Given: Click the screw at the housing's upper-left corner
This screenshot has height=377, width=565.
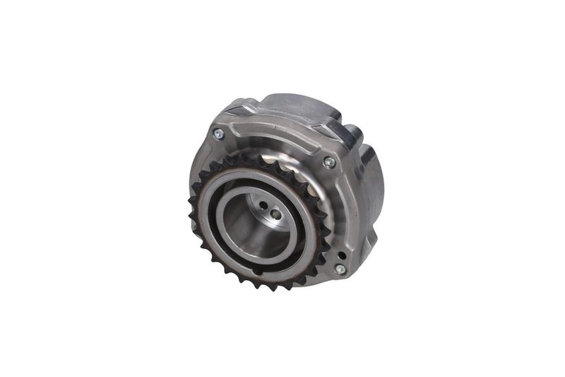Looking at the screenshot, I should point(218,133).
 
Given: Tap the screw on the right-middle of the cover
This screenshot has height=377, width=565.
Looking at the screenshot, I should point(328,162).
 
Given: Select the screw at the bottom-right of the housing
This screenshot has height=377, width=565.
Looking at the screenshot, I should point(340,269).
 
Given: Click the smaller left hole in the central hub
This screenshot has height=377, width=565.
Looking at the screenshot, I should point(263,206).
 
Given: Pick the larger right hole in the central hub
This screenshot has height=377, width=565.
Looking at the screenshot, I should point(274,213).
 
